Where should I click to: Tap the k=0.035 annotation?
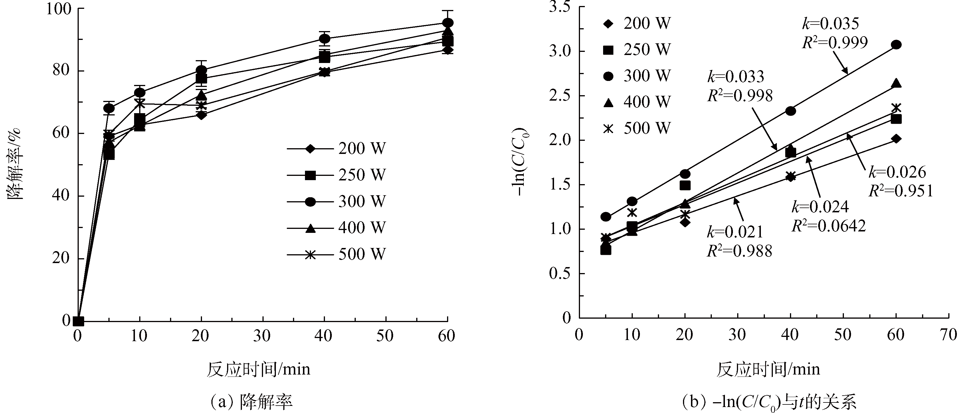[830, 23]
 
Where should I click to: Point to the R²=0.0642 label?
[828, 226]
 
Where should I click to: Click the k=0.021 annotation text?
[735, 232]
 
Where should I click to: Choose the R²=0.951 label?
[900, 191]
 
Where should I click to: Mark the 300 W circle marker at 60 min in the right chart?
[896, 45]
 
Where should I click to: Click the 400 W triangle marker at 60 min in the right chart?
[896, 83]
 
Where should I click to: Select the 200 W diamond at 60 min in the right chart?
[896, 139]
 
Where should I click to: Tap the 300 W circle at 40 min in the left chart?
[325, 38]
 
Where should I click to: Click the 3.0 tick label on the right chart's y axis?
[561, 52]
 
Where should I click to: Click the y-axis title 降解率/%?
[15, 164]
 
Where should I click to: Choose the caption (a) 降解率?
[250, 401]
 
